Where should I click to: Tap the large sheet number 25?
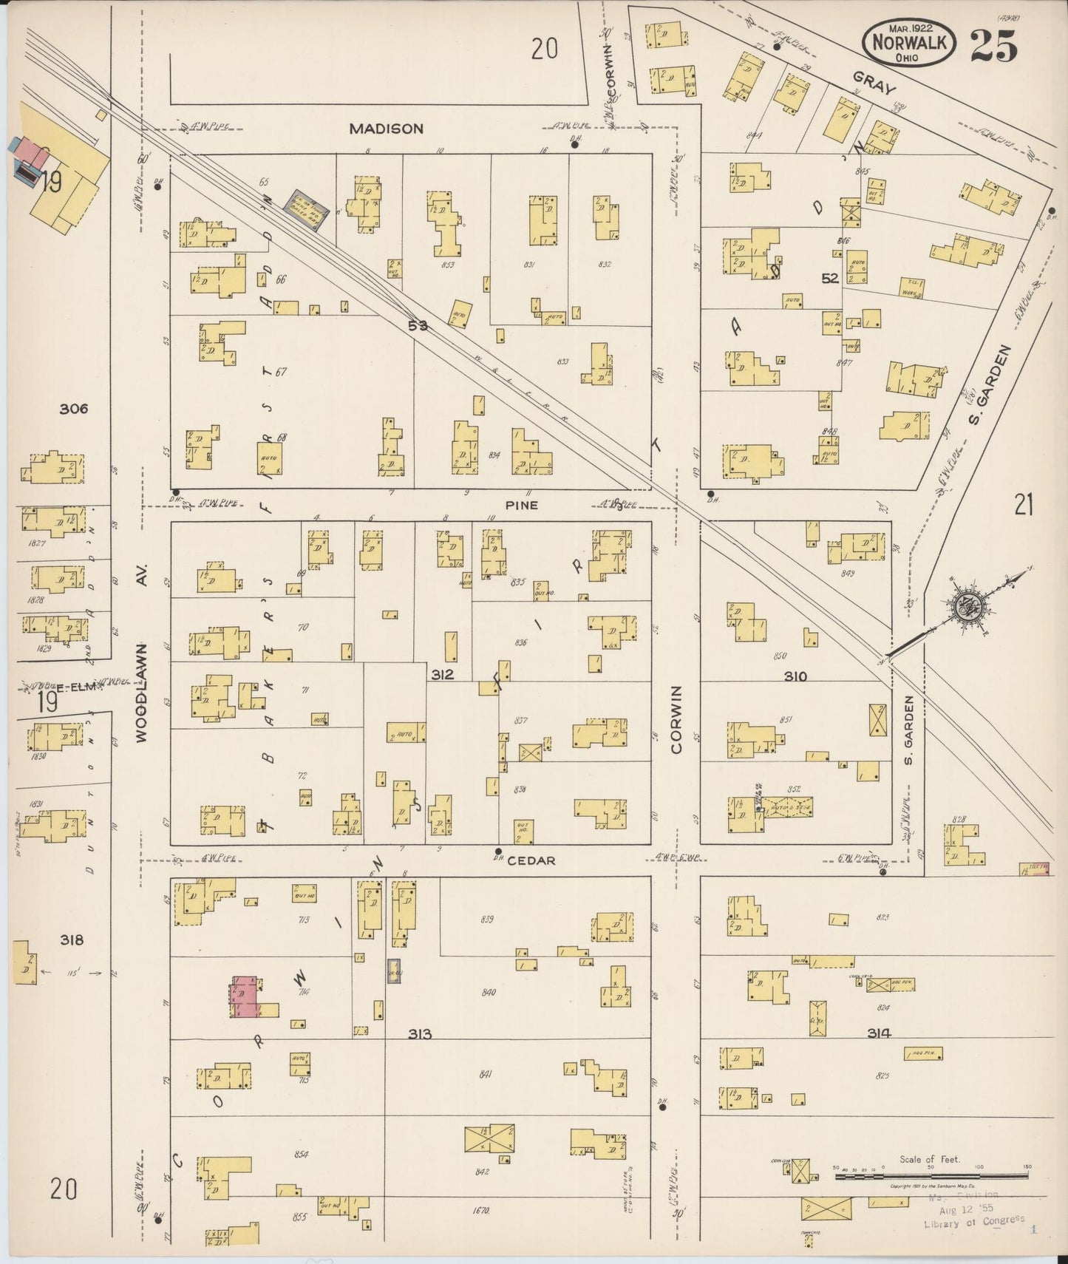pyautogui.click(x=993, y=46)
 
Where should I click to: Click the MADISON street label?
pyautogui.click(x=386, y=129)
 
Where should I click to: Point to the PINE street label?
pyautogui.click(x=521, y=506)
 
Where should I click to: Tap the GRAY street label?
pyautogui.click(x=874, y=83)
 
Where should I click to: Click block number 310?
pyautogui.click(x=795, y=676)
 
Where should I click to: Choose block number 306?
pyautogui.click(x=74, y=408)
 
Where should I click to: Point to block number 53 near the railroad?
pyautogui.click(x=418, y=325)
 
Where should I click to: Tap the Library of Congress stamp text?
pyautogui.click(x=973, y=1221)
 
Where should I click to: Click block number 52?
pyautogui.click(x=829, y=278)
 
